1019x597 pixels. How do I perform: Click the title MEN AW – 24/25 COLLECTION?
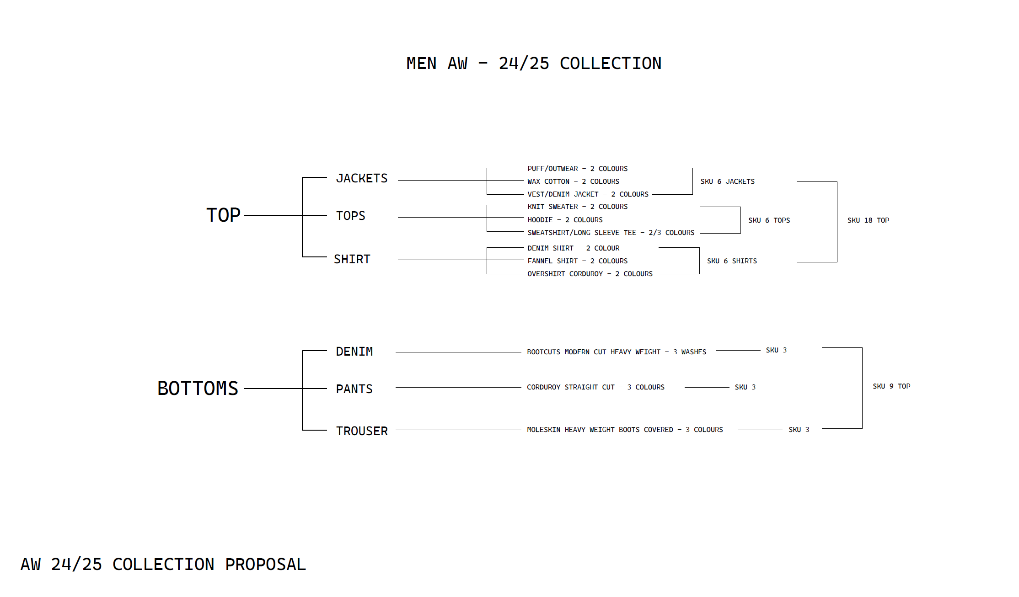point(534,64)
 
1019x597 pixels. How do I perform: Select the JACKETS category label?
point(361,178)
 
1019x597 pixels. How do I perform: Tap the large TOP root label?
point(223,215)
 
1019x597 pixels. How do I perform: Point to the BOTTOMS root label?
point(198,388)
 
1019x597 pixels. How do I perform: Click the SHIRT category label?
point(352,259)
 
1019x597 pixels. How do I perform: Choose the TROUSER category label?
point(361,431)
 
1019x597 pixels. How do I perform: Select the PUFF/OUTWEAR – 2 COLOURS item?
point(577,169)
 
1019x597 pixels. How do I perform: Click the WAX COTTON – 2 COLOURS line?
point(573,181)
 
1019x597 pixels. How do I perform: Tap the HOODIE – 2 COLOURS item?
point(565,220)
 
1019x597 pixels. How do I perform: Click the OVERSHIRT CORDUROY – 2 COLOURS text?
point(590,274)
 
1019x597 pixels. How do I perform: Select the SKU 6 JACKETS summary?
point(727,181)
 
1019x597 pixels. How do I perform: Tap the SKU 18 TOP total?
point(868,220)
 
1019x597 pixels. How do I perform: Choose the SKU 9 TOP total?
point(891,386)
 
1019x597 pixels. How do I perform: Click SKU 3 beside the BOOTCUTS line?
point(776,350)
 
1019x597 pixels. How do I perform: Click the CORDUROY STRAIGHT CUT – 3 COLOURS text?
point(595,387)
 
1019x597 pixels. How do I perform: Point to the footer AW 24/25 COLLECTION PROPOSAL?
point(163,565)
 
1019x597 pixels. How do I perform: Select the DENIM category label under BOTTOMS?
point(354,352)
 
